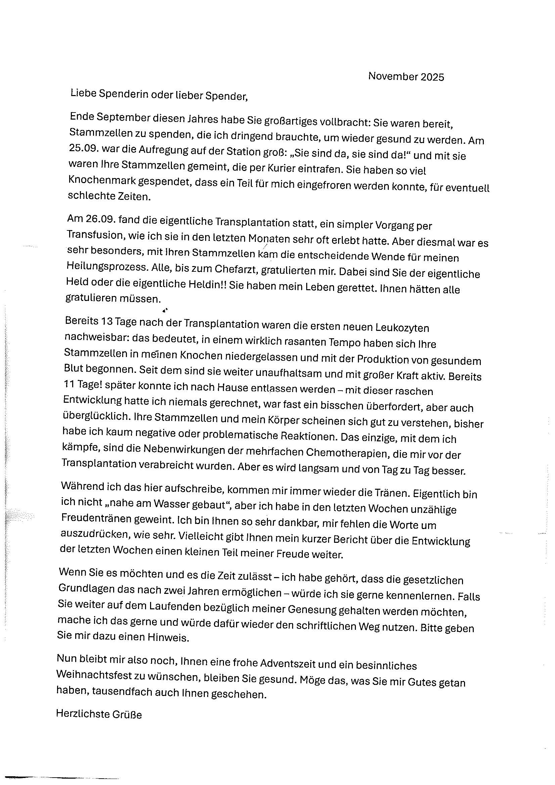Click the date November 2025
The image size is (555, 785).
click(406, 77)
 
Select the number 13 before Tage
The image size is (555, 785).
click(106, 321)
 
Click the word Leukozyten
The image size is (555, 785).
click(402, 328)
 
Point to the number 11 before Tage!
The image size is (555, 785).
click(69, 384)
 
